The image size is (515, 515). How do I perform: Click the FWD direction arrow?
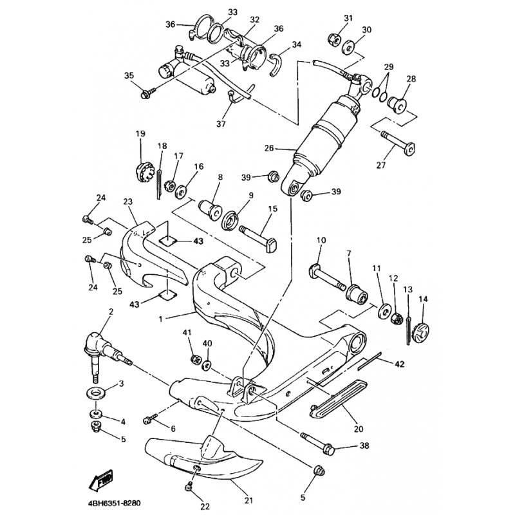coord(101,480)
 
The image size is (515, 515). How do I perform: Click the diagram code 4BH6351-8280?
coord(115,503)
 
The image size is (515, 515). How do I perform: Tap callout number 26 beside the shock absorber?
coord(268,148)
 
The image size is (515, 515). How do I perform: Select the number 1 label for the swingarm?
coord(160,319)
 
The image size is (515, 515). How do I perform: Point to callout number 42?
coord(400,364)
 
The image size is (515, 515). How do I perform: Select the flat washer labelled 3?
coord(96,393)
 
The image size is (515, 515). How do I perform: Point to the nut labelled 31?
coord(335,40)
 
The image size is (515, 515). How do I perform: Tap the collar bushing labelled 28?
coord(397,104)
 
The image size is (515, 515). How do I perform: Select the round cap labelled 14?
coord(421,333)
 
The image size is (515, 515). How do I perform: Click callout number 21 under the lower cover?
coord(249,501)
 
